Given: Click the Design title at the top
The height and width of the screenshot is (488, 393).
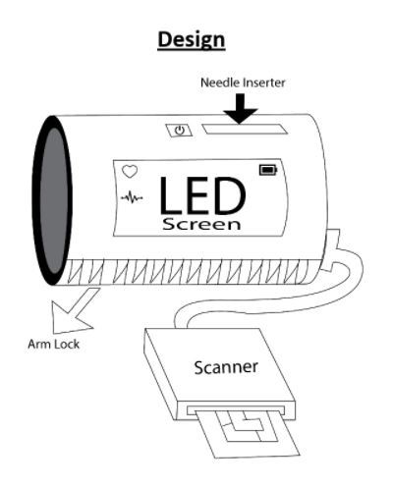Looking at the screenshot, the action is click(192, 40).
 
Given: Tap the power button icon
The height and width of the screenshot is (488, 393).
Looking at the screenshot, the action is click(179, 131).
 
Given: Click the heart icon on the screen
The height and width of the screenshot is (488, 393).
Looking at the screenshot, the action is click(130, 171).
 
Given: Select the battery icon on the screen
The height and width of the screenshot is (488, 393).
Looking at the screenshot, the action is click(268, 170).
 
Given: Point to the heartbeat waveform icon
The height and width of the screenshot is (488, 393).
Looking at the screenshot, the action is click(132, 197).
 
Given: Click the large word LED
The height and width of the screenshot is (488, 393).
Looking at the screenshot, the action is click(202, 195).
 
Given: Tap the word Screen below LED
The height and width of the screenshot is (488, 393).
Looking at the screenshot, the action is click(201, 224).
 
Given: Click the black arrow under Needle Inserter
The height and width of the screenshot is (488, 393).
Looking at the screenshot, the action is click(241, 108).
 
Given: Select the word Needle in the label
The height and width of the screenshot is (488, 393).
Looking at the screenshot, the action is click(217, 82).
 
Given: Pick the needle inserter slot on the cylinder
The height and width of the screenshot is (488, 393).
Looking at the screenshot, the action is click(245, 129).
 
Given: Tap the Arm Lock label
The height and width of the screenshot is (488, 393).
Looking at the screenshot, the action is click(53, 344).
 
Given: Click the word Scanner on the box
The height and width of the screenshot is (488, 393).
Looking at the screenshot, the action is click(226, 367).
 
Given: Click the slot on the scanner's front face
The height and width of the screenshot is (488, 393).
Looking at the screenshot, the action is click(235, 410).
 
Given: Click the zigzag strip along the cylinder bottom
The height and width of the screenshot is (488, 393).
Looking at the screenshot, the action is click(189, 271).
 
